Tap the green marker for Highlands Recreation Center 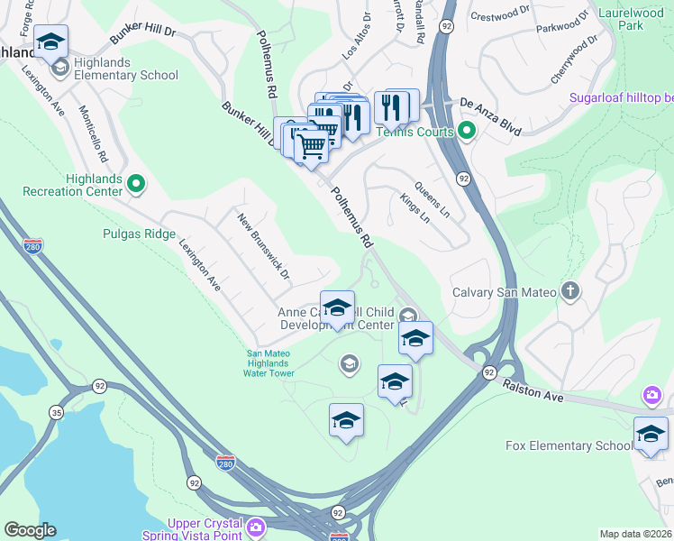pos(136,184)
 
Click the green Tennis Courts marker pos(467,132)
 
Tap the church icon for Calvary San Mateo pos(569,290)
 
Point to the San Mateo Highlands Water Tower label pos(270,362)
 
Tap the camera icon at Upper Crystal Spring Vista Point pos(256,526)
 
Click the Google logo pos(30,530)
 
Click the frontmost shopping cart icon pos(311,146)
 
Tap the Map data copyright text pos(636,534)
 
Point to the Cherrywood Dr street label pos(574,61)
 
